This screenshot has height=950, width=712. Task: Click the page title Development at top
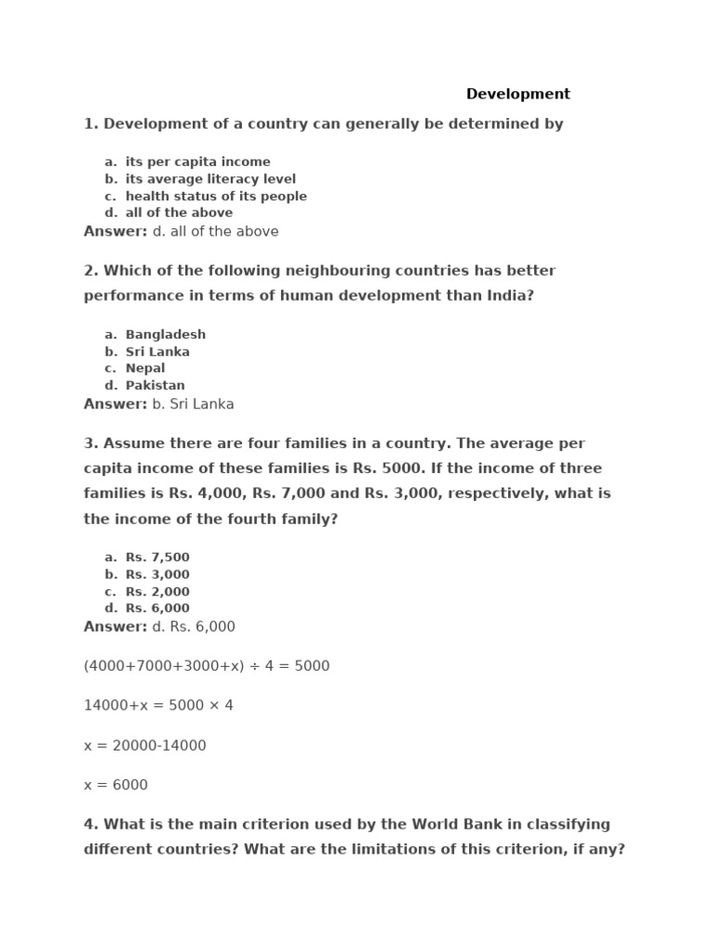click(517, 94)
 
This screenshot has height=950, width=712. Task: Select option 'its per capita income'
click(197, 161)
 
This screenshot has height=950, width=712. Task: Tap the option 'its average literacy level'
click(210, 179)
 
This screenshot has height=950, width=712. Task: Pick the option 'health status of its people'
click(216, 196)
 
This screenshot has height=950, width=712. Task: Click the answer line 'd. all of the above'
click(215, 231)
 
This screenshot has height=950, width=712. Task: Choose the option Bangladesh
click(165, 334)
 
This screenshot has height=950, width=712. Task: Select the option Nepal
click(146, 368)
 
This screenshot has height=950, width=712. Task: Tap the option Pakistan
click(155, 385)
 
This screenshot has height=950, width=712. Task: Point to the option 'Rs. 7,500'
click(157, 558)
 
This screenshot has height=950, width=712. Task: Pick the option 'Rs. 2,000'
click(157, 592)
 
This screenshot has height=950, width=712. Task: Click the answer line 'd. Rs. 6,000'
click(194, 626)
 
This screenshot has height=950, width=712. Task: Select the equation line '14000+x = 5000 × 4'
click(159, 705)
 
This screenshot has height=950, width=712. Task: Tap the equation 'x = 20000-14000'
click(145, 745)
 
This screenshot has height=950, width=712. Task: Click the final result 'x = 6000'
click(116, 785)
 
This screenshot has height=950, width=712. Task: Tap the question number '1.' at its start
click(91, 123)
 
